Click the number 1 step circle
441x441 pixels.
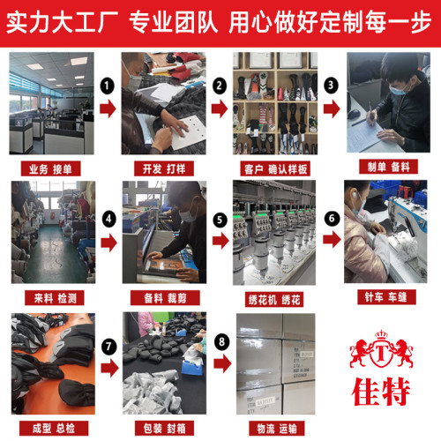pos(108,86)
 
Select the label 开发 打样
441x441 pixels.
pos(164,168)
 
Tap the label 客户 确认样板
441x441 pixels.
pos(275,168)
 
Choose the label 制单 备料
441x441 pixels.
pos(386,168)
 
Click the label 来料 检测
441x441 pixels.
pos(52,297)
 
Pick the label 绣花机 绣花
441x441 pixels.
pos(275,297)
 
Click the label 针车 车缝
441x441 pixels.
pos(386,297)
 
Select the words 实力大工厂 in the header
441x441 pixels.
pos(64,22)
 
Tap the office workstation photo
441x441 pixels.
pos(52,104)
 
